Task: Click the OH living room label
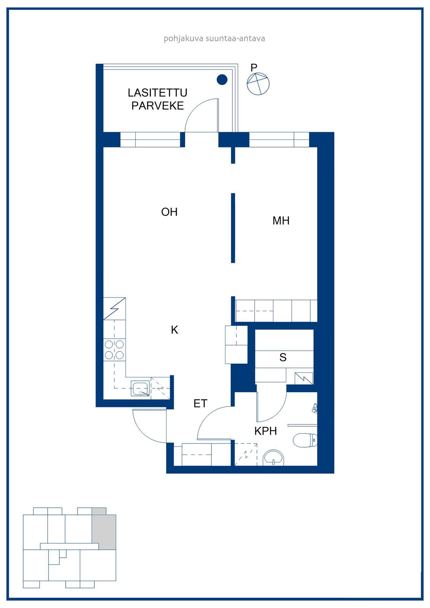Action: tap(169, 212)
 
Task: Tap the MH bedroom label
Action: tap(281, 221)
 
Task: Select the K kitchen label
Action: tap(175, 330)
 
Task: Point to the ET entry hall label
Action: tap(200, 404)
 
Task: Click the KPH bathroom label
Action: tap(266, 431)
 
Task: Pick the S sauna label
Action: tap(283, 358)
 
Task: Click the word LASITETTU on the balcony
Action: tap(157, 93)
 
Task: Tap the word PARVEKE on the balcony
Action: tap(157, 106)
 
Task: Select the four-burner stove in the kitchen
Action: tap(114, 350)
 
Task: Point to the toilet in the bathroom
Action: tap(305, 440)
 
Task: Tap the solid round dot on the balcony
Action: tap(222, 79)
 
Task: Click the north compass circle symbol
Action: tap(258, 84)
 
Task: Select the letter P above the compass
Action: tap(254, 67)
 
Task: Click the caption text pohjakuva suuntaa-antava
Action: tap(214, 38)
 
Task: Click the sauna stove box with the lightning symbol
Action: tap(304, 378)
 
